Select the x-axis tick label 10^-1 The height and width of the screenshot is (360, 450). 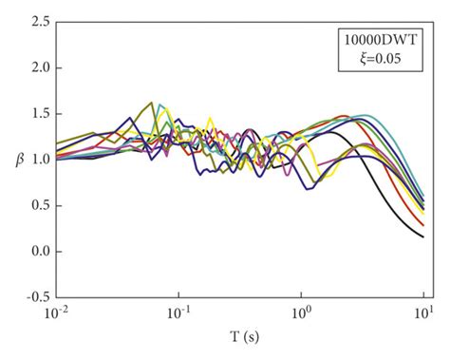[x=178, y=313]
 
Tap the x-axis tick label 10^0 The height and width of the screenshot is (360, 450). [x=301, y=313]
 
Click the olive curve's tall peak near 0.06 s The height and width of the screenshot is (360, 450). [x=152, y=103]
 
